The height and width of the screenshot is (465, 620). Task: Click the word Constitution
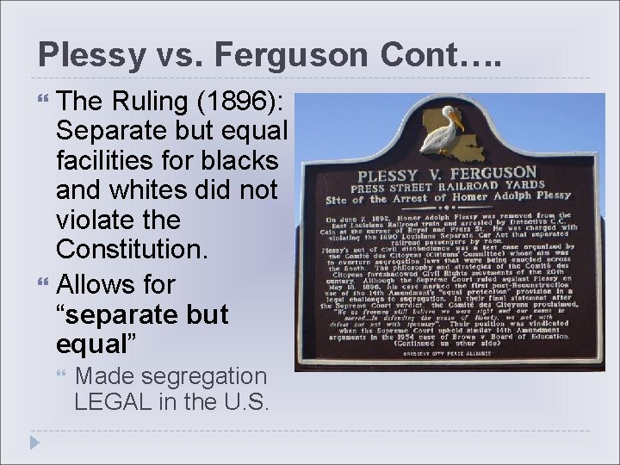(x=126, y=250)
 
